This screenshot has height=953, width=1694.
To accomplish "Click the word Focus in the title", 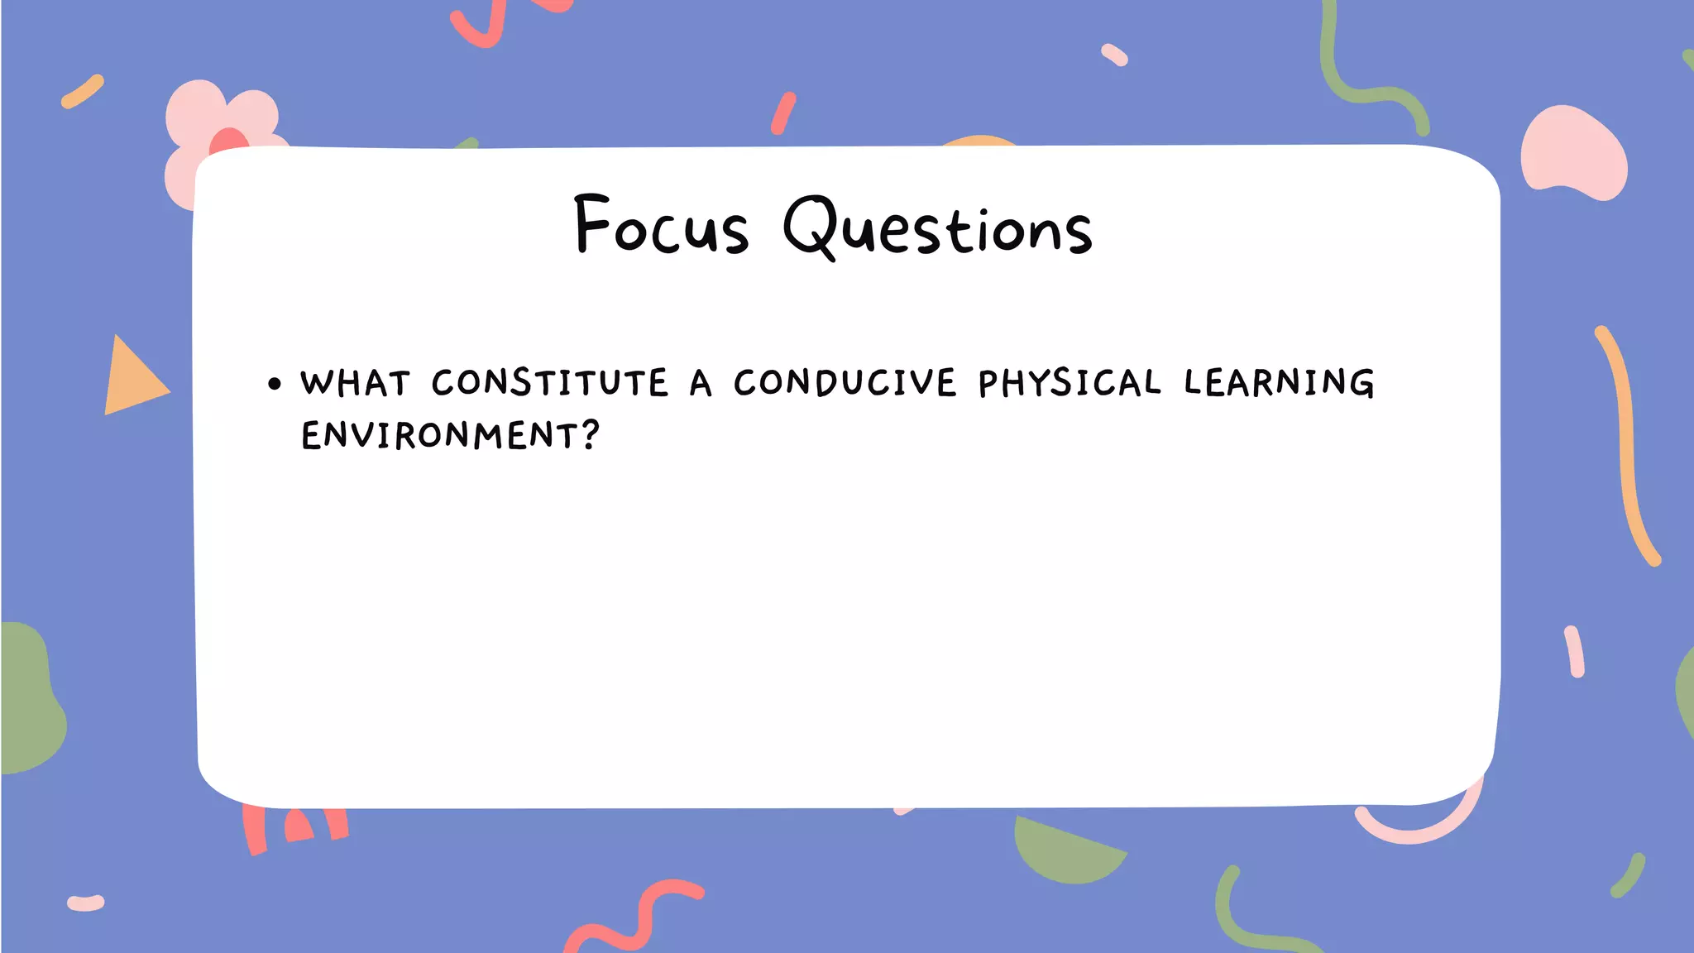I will point(662,225).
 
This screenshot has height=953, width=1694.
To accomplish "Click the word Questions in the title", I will point(938,227).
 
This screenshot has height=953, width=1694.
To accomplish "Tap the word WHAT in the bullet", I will point(355,384).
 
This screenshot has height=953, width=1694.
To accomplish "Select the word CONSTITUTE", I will point(550,383).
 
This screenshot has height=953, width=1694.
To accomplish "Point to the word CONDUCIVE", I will point(845,383).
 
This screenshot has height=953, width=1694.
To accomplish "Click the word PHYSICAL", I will point(1070,383).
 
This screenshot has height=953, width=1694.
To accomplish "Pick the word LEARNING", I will point(1279,383).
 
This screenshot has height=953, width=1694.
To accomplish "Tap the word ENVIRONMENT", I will point(440,436).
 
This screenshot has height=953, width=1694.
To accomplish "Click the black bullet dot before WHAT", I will point(275,384).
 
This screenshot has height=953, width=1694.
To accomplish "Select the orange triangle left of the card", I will point(131,380).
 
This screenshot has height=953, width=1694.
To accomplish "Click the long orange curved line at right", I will point(1626,447).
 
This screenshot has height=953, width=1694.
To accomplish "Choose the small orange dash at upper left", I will point(83,91).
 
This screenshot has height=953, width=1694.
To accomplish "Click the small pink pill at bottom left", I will point(86,903).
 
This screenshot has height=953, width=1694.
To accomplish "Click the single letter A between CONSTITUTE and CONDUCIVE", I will point(701,383).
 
